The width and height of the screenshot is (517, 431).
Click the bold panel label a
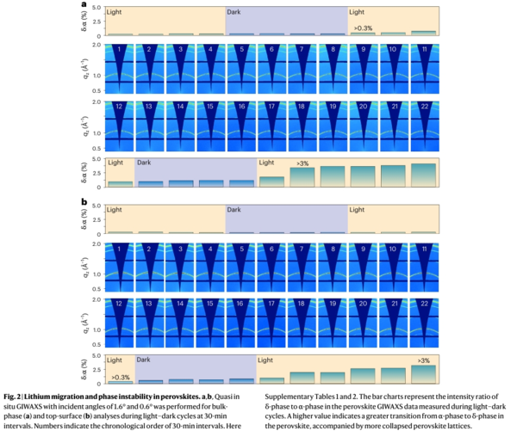point(83,4)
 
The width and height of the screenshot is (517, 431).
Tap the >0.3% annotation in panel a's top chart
point(362,28)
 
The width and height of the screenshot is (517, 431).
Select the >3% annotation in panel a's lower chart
point(303,163)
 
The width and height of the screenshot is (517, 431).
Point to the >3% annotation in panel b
point(423,360)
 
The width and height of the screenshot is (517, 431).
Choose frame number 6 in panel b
point(272,249)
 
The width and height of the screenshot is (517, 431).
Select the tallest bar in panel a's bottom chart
point(423,175)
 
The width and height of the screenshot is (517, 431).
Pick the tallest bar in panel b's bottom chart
point(423,373)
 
